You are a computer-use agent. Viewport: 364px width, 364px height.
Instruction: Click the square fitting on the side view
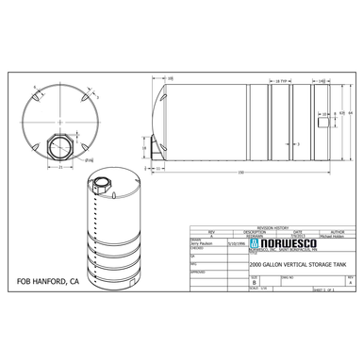coord(324,118)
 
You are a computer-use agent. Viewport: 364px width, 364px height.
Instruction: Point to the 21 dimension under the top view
coord(58,168)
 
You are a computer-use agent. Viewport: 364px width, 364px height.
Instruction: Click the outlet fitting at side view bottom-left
coord(154,145)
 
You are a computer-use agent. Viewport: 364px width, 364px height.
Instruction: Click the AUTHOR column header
coord(339,232)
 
